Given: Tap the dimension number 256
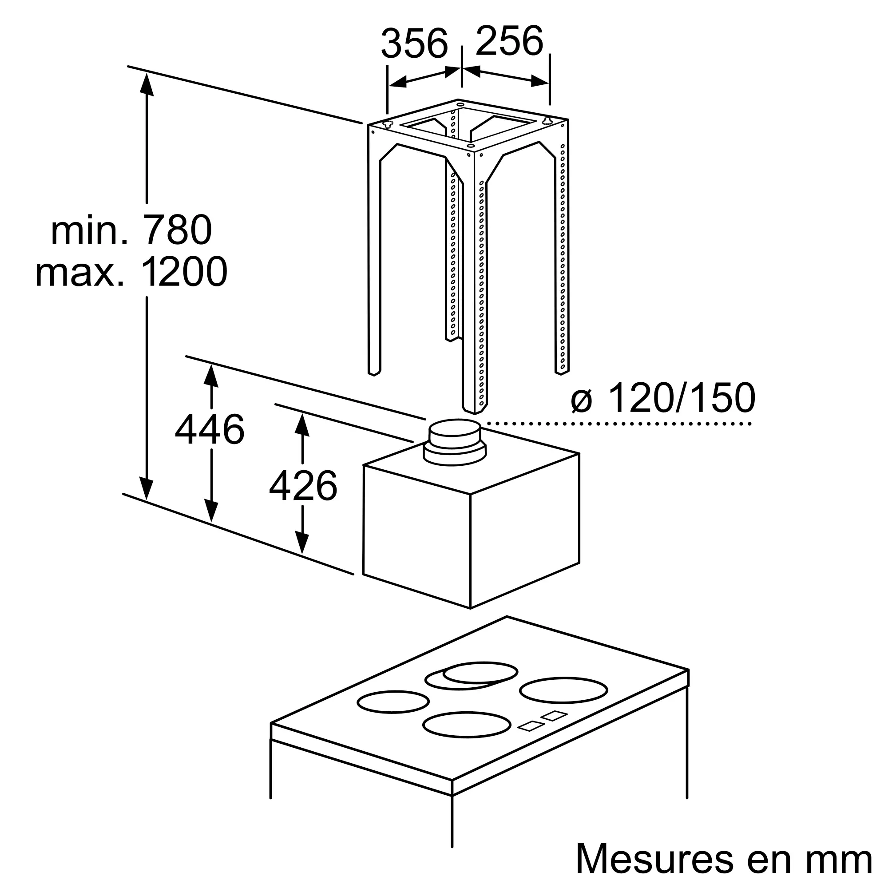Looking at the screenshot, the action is tap(509, 41).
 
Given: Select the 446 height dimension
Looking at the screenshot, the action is tap(210, 429).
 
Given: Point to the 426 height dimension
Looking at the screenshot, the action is tap(303, 486).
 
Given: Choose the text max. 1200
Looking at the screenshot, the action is tap(131, 272).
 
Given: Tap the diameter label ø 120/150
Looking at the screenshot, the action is tap(662, 398).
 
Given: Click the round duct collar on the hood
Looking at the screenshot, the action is tap(455, 442).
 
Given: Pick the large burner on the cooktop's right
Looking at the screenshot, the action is tap(563, 703).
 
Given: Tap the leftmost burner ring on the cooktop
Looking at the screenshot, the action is tap(393, 715).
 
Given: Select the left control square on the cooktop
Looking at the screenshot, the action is tap(532, 739).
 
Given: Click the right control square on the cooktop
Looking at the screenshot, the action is tap(554, 729).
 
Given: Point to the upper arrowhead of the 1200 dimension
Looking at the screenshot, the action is tap(146, 84).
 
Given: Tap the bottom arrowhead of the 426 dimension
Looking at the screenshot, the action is tap(302, 543).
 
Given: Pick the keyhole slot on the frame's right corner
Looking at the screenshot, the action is tap(547, 120).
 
